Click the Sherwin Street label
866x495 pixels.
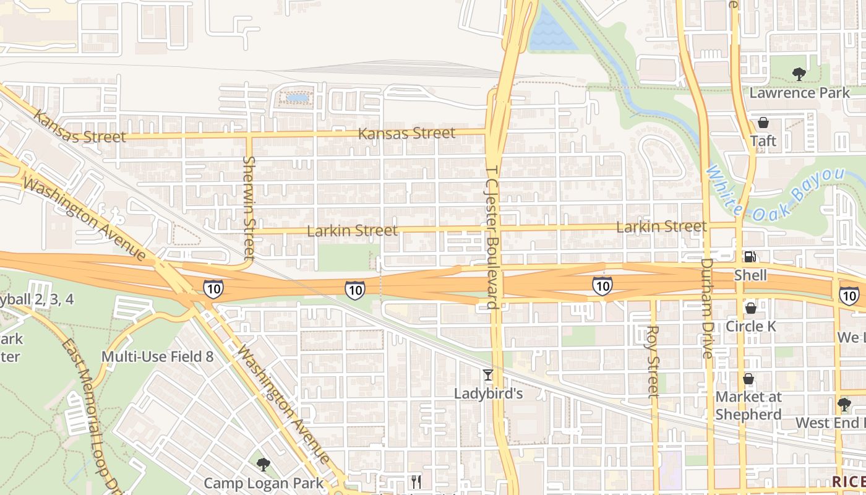click(x=249, y=207)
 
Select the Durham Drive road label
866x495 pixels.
click(x=707, y=308)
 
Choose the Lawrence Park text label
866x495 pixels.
click(x=800, y=93)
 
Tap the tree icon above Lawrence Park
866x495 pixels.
click(x=799, y=75)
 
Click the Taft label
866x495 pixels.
click(x=763, y=140)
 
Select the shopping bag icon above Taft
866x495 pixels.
click(x=763, y=122)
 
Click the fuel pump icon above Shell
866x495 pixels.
click(x=750, y=256)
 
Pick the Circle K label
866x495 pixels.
click(x=751, y=325)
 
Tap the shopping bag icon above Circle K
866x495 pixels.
click(x=750, y=308)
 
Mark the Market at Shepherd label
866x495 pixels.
click(x=748, y=405)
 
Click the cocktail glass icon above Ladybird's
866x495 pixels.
click(x=488, y=375)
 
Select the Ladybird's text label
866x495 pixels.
click(x=489, y=394)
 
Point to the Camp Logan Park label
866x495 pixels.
click(x=264, y=483)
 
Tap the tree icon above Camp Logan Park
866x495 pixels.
click(x=264, y=464)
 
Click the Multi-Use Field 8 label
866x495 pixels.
click(x=157, y=356)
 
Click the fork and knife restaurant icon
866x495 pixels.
click(x=416, y=481)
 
